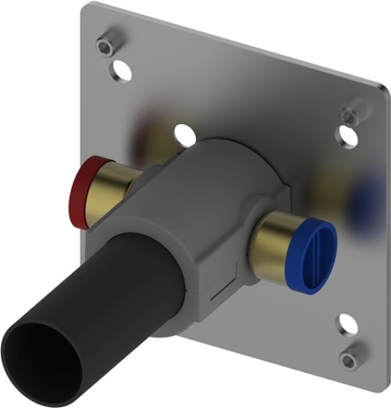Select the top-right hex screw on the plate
click(348, 115)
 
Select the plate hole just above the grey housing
click(183, 132)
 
